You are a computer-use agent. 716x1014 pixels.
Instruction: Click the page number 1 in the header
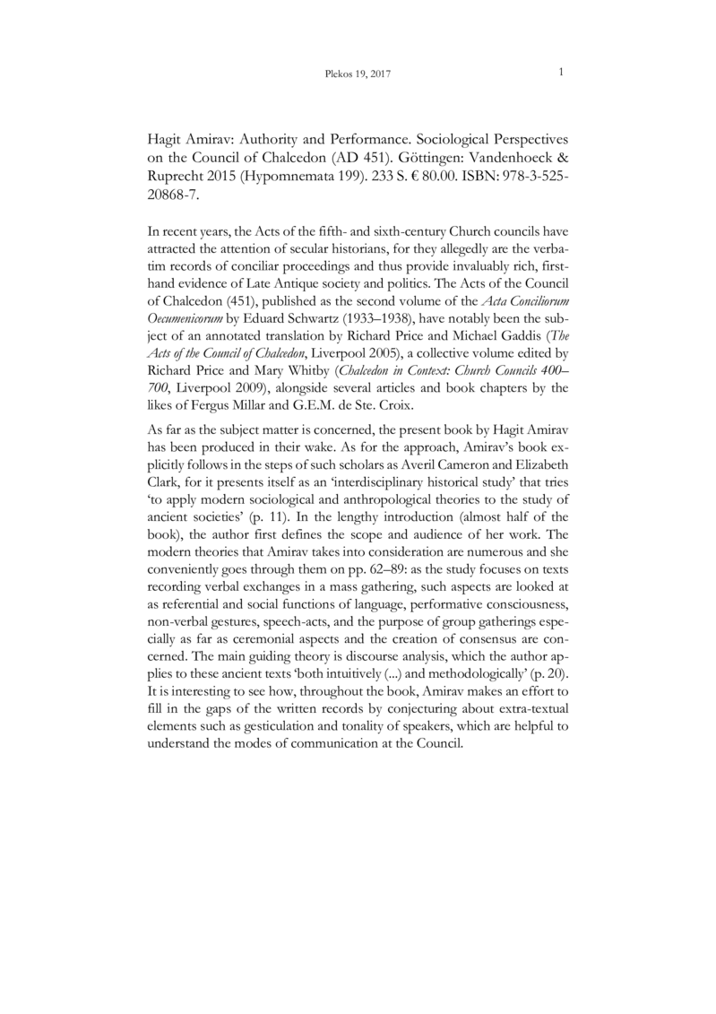pos(560,72)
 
